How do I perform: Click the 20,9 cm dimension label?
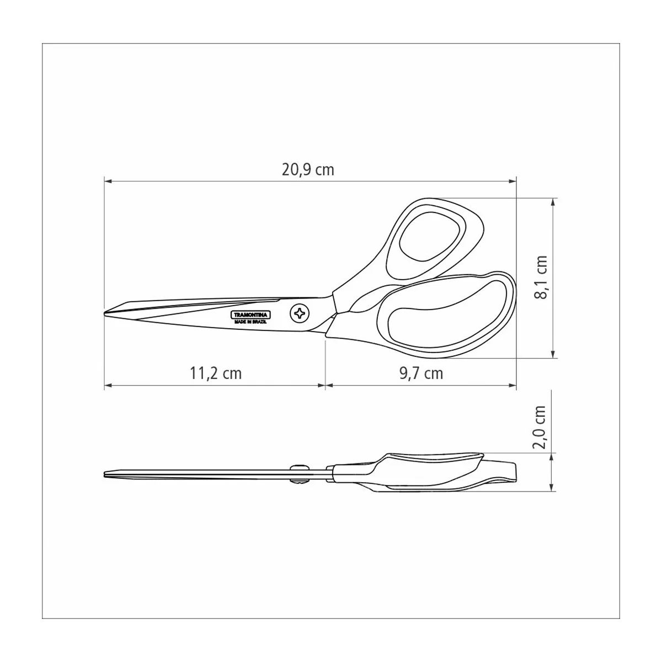(x=308, y=170)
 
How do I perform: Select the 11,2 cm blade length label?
(x=216, y=373)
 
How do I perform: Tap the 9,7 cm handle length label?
(x=421, y=373)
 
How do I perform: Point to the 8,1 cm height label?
(x=541, y=277)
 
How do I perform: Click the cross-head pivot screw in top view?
(x=300, y=313)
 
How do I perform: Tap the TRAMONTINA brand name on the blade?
(x=250, y=314)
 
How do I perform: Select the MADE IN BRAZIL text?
(x=250, y=322)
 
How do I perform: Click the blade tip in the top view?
(x=104, y=313)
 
